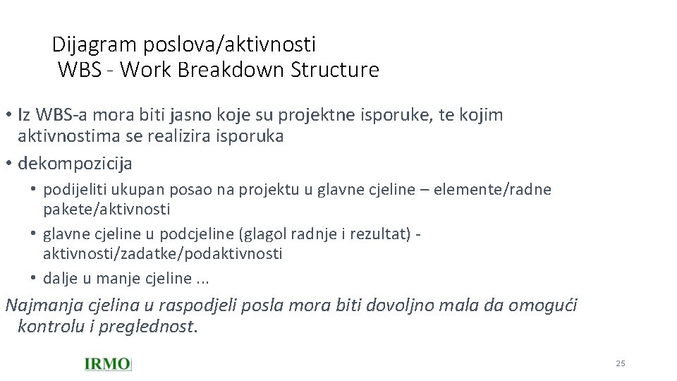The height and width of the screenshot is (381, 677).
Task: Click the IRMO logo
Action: (107, 364)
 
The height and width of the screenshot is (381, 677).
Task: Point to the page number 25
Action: (621, 363)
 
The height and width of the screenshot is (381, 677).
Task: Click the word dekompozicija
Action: (75, 164)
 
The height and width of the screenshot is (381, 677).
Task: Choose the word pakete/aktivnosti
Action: (106, 210)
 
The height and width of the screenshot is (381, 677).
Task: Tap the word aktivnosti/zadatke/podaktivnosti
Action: (162, 254)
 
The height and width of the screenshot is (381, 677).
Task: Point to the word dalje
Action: (61, 279)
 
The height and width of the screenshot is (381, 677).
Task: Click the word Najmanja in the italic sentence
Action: (44, 306)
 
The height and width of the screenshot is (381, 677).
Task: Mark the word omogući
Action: (544, 306)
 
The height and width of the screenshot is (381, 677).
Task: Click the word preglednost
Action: (147, 327)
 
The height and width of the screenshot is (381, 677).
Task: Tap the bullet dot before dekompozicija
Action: (8, 164)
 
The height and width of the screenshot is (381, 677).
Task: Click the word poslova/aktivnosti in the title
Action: (230, 45)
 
